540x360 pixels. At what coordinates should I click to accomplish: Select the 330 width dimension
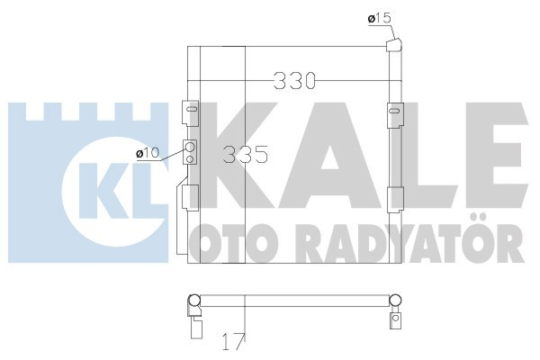[x=297, y=81]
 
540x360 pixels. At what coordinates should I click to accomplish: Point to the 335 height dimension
[x=245, y=154]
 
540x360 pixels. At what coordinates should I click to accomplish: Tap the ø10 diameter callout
[x=147, y=154]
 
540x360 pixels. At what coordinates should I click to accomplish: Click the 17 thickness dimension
[x=232, y=341]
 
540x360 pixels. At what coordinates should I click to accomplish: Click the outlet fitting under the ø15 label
[x=392, y=44]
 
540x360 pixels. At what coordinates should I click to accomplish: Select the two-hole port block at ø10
[x=190, y=153]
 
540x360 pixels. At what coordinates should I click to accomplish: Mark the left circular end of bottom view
[x=193, y=301]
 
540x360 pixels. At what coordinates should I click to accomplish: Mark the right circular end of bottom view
[x=395, y=301]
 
